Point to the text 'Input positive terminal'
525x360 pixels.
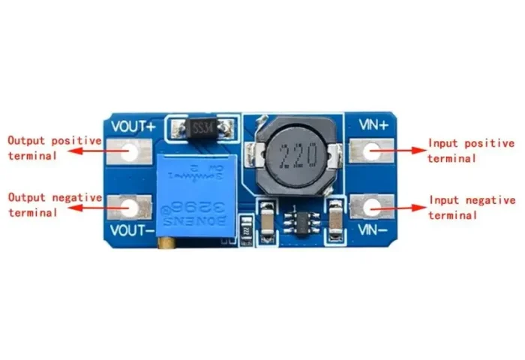tap(471, 150)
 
